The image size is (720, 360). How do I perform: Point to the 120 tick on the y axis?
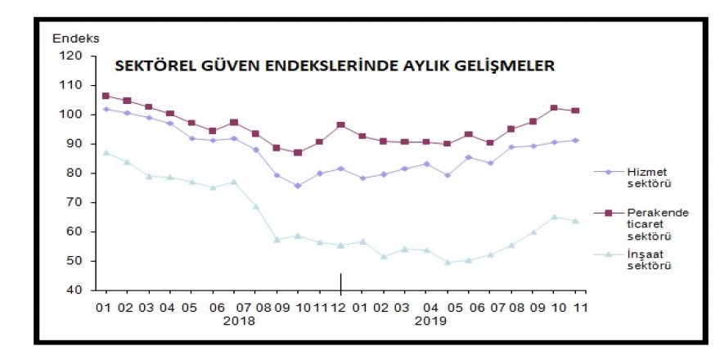pos(72,56)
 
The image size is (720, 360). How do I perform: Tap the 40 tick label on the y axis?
pos(74,290)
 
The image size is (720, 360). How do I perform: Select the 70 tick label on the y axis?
pos(74,202)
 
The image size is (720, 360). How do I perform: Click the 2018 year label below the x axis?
pos(238,321)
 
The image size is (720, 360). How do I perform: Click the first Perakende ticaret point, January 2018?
pos(106,96)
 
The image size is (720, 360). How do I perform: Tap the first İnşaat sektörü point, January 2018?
pos(106,152)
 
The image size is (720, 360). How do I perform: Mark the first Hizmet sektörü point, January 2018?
pos(106,109)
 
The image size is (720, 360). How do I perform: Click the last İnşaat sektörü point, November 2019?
pos(575,221)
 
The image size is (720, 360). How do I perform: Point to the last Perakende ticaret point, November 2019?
pos(575,110)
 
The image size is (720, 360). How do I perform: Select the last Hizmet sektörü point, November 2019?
pos(575,140)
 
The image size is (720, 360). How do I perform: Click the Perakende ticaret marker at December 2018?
pos(340,125)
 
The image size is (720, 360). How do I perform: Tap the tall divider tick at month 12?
pos(340,282)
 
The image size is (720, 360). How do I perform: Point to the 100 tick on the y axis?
pos(72,115)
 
